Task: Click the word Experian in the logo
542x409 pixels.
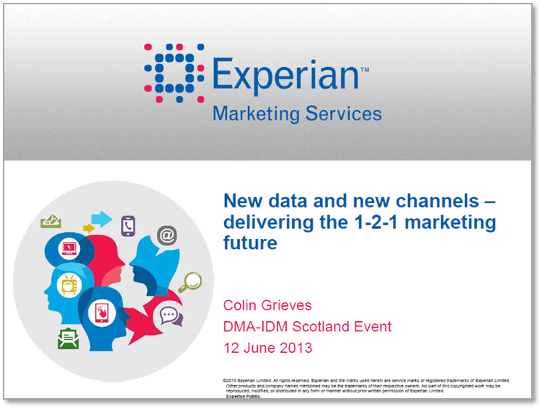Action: coord(285,75)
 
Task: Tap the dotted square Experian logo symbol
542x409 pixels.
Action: coord(174,73)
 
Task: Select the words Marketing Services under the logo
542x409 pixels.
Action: coord(297,114)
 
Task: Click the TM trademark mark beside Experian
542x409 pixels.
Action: coord(365,70)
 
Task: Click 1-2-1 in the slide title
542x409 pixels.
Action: coord(376,222)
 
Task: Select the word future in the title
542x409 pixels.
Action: coord(250,243)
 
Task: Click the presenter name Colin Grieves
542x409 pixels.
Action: coord(267,305)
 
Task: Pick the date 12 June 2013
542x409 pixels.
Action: coord(268,348)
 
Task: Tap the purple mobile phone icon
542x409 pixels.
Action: coord(128,226)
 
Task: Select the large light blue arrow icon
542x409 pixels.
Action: coord(102,219)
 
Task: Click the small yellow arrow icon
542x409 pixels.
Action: coord(89,228)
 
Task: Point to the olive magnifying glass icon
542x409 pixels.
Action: coord(190,282)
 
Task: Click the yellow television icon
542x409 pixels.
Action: coord(69,285)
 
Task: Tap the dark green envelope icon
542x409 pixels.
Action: coord(68,338)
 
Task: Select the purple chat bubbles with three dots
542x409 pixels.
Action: coord(171,316)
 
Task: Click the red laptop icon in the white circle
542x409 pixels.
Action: coord(69,248)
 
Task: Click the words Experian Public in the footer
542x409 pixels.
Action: coord(244,396)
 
